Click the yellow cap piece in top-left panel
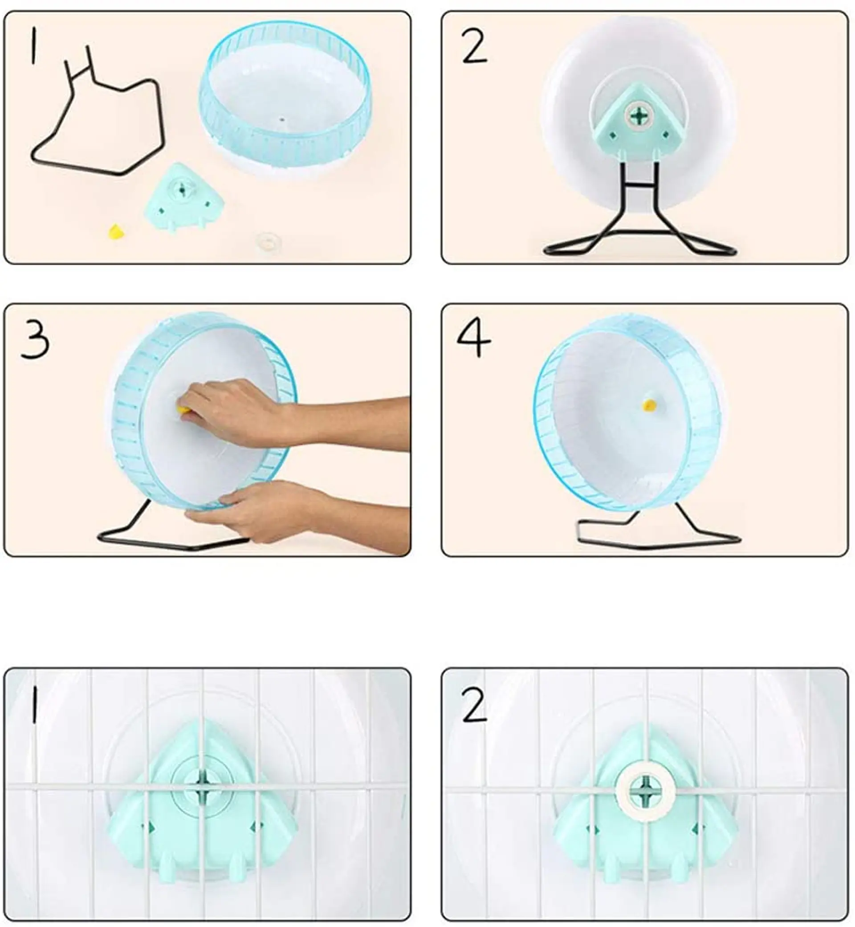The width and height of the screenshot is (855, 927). pyautogui.click(x=117, y=231)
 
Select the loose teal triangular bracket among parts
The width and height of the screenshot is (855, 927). pyautogui.click(x=183, y=198)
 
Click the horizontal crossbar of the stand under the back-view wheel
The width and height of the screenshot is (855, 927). pyautogui.click(x=641, y=186)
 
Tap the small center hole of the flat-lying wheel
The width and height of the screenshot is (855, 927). pyautogui.click(x=281, y=118)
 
